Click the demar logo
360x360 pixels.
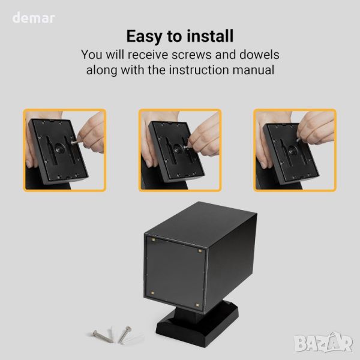34,18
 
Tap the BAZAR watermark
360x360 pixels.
323,343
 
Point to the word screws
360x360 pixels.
191,55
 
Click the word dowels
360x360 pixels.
259,55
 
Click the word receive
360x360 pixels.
148,55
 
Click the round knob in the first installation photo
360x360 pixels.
59,148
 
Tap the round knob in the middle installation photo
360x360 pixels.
178,149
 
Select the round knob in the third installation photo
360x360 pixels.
292,151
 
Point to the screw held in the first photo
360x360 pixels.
74,142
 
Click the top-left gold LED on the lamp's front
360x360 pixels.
154,240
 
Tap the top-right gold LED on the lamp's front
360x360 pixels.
200,251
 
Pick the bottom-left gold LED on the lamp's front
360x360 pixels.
152,293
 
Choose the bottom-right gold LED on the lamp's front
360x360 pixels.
197,305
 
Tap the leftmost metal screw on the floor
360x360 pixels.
103,337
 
